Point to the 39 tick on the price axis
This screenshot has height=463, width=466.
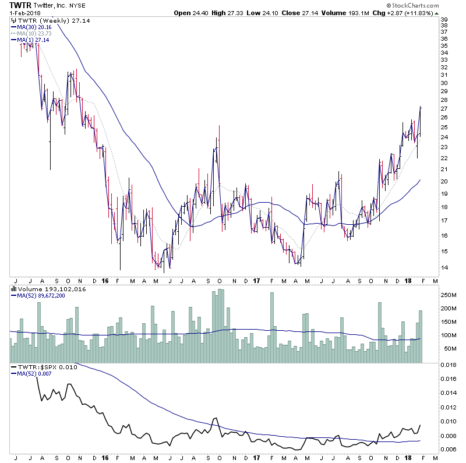point(444,19)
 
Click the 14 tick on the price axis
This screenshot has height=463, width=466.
point(444,268)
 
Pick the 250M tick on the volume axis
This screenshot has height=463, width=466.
point(447,295)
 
